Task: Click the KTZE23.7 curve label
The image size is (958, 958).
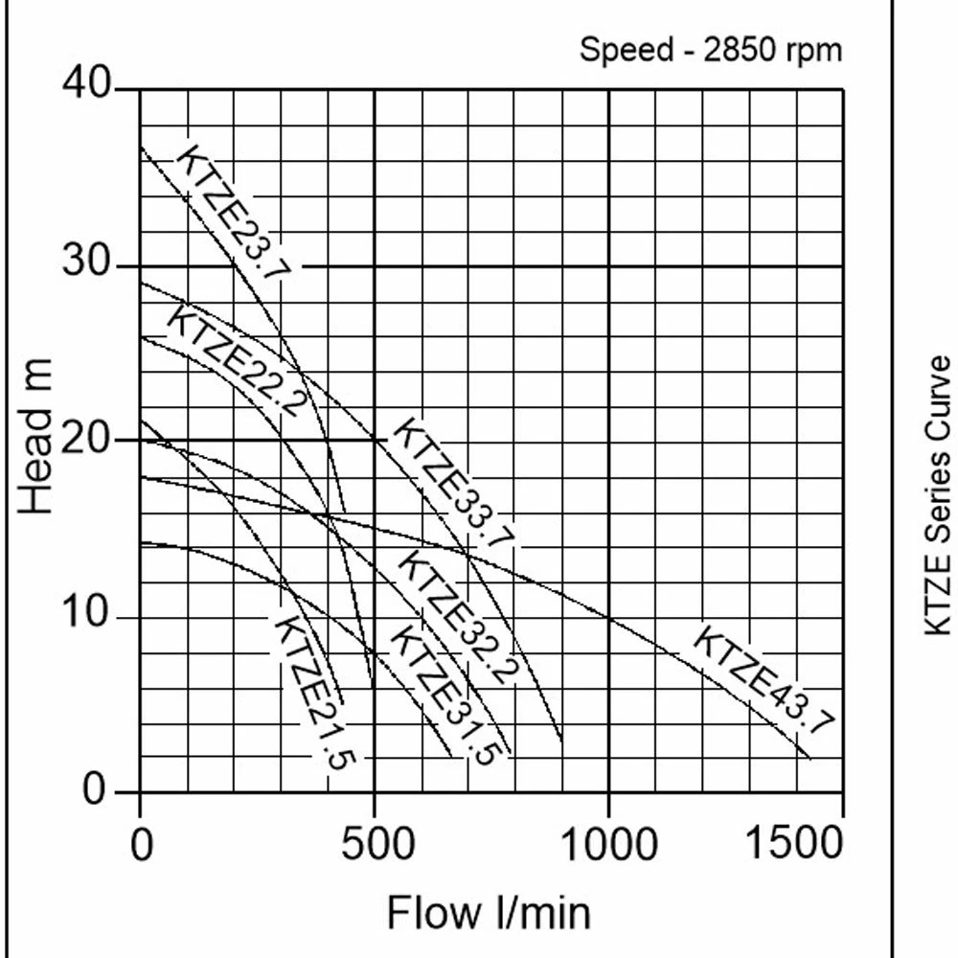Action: pyautogui.click(x=235, y=213)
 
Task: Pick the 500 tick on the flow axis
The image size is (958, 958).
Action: pyautogui.click(x=374, y=844)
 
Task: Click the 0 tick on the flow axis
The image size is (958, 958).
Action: pyautogui.click(x=141, y=844)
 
